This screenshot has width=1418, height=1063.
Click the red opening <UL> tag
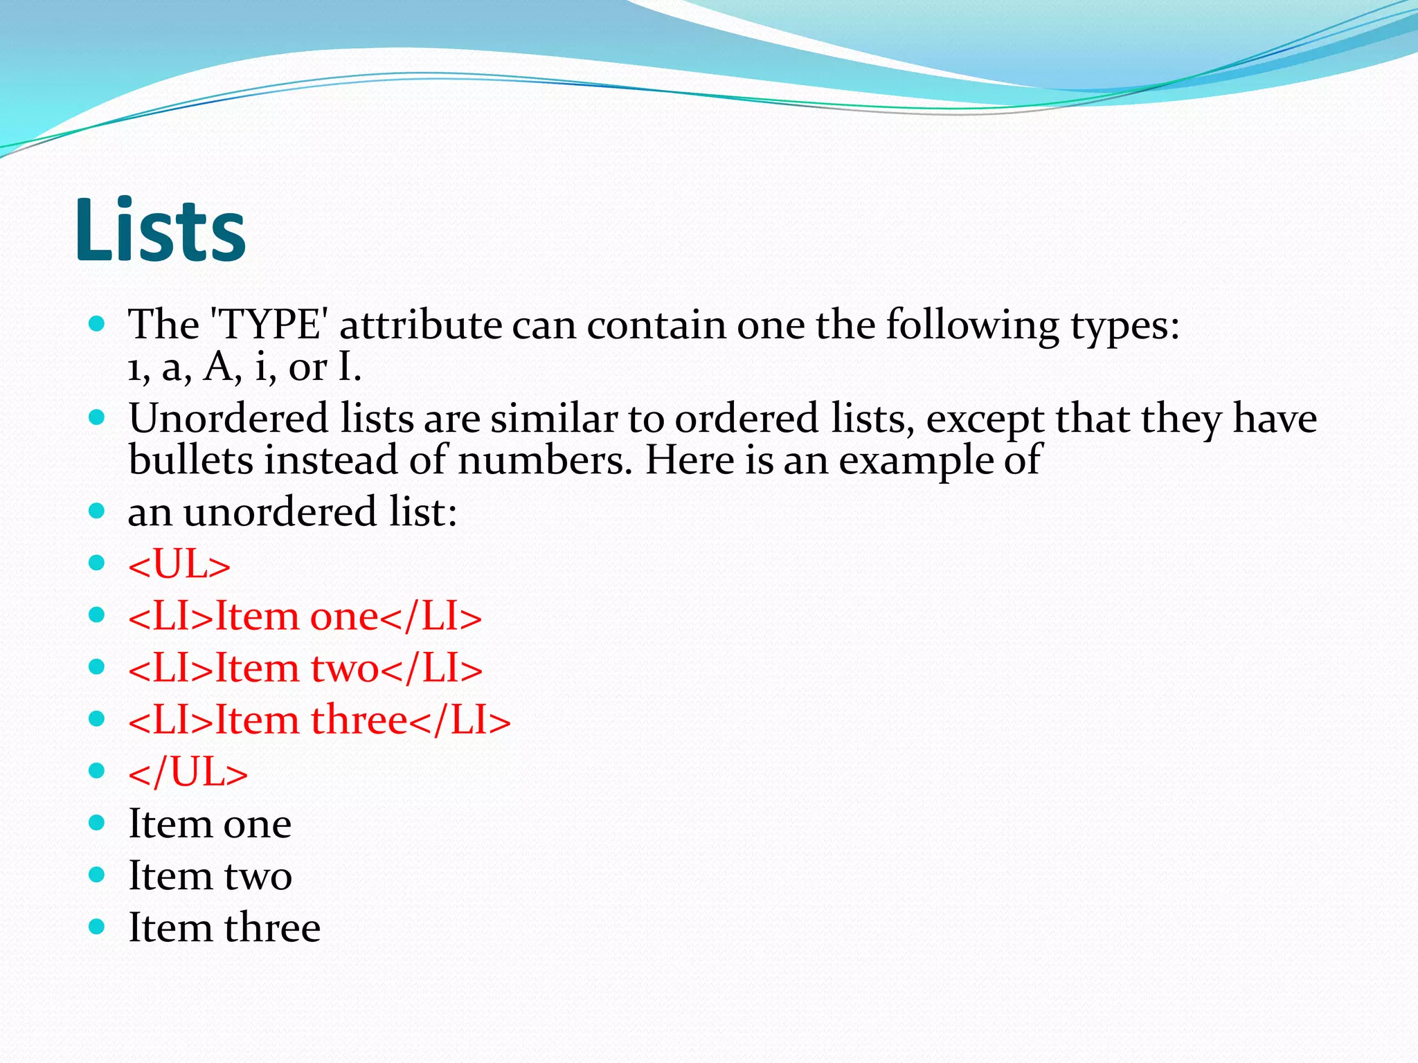[x=179, y=564]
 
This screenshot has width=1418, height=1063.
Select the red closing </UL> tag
[x=188, y=772]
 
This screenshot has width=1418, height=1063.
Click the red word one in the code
[x=344, y=616]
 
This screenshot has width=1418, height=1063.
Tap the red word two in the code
[x=345, y=668]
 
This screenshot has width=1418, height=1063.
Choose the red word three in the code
[x=359, y=720]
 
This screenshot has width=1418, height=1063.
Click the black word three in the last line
[x=272, y=927]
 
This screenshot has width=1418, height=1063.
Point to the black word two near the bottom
[x=258, y=876]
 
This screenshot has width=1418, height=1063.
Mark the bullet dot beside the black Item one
[x=97, y=823]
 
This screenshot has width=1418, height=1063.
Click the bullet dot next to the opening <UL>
[x=97, y=563]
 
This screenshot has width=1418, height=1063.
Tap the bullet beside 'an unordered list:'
[x=97, y=511]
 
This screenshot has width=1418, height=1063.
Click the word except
[x=985, y=419]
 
